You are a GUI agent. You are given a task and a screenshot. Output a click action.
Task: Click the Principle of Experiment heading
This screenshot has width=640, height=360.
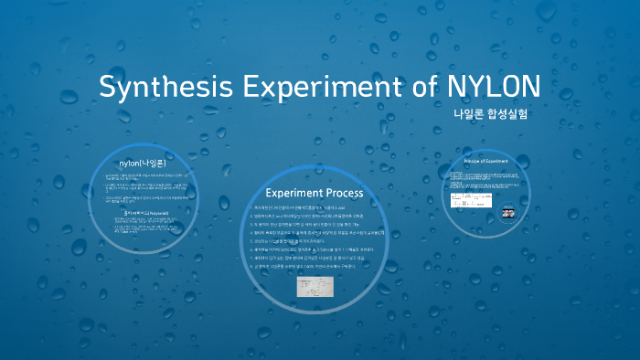[x=485, y=161]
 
